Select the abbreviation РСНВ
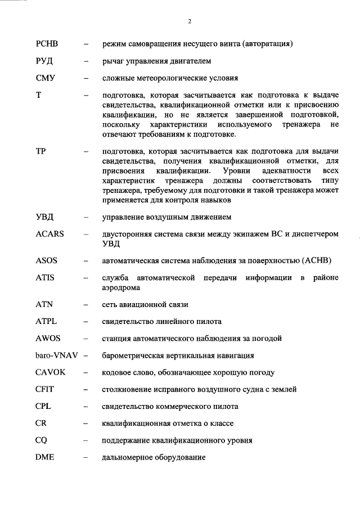tap(47, 43)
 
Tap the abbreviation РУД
tap(44, 61)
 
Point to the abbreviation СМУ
tap(45, 78)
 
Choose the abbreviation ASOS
tap(47, 261)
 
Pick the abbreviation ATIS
tap(46, 278)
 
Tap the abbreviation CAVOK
tap(49, 372)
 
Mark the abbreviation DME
tap(45, 458)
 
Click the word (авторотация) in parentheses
tap(268, 43)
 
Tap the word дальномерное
tap(125, 458)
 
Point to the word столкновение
tap(126, 389)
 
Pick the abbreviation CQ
tap(41, 440)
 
